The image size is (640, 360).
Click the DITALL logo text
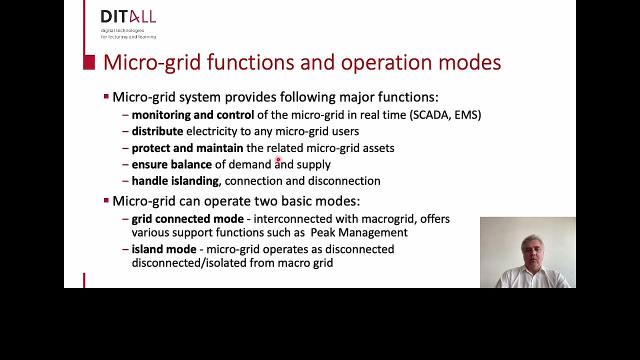pos(128,17)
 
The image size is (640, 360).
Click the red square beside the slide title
pos(89,62)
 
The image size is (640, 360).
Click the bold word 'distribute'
pos(157,131)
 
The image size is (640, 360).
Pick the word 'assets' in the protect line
pos(378,148)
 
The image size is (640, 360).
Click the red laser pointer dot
pos(278,160)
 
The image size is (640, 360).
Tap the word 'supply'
pos(313,165)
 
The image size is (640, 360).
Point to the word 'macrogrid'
pos(387,219)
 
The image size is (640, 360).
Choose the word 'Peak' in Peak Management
pos(322,232)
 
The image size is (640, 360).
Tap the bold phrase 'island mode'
pos(164,249)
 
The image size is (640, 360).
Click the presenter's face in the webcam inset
pos(532,250)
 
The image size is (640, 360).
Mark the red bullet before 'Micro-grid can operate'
pos(106,200)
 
